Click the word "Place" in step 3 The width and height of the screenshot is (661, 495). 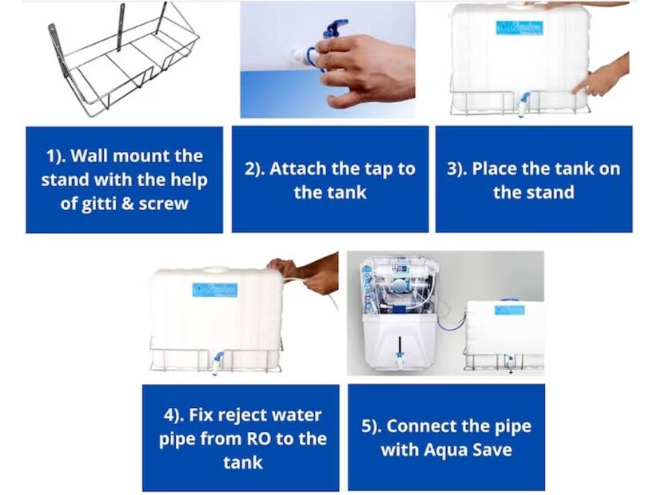point(494,168)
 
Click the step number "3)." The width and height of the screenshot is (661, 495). point(457,169)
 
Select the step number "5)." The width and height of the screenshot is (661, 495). point(372,427)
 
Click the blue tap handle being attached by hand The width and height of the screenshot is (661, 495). point(335,29)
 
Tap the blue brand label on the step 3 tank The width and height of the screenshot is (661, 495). point(519,28)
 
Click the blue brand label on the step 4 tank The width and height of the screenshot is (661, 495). point(215,290)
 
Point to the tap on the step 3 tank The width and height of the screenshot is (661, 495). point(524,104)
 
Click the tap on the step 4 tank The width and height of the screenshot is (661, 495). point(217,362)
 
